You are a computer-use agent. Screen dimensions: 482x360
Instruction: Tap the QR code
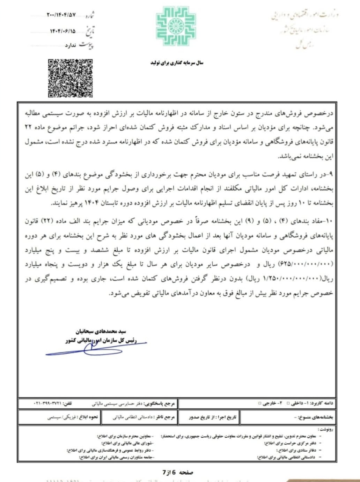tap(70, 78)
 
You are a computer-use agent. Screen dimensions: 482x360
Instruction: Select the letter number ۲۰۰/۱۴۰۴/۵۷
tap(61, 15)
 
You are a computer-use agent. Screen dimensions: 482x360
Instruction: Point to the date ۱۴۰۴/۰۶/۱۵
tap(63, 31)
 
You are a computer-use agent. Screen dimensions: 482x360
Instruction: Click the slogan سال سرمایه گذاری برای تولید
tap(177, 63)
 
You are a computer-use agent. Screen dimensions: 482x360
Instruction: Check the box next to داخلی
tap(288, 403)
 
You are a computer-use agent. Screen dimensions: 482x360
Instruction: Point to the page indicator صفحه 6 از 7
tap(178, 473)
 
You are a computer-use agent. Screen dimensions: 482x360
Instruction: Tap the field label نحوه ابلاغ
tap(89, 417)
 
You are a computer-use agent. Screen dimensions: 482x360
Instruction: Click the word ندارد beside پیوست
tap(71, 46)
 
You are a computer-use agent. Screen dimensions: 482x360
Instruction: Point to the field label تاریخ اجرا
tap(227, 417)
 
